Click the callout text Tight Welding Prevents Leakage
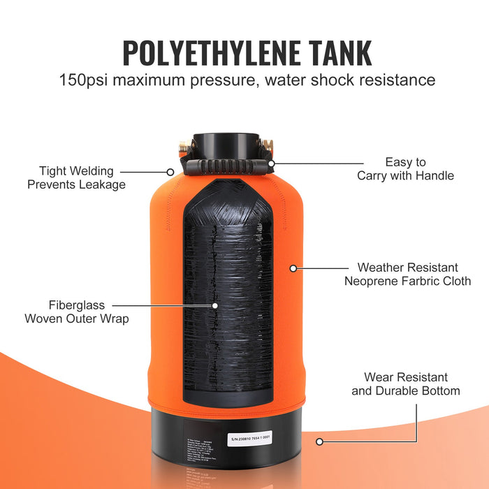click(77, 177)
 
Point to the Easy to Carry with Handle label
click(405, 169)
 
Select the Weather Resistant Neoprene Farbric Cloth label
click(407, 274)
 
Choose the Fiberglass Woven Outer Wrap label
click(77, 312)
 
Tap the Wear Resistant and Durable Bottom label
click(405, 384)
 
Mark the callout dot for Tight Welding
click(170, 171)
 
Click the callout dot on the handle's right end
click(272, 163)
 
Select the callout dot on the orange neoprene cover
click(293, 268)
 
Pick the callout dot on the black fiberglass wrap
click(215, 305)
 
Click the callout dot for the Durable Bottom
click(319, 441)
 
